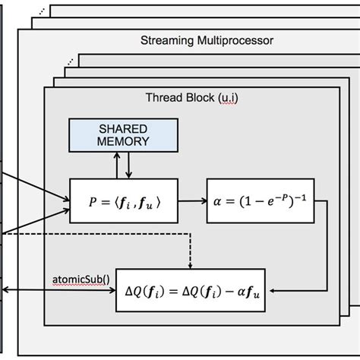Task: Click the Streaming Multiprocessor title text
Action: pyautogui.click(x=207, y=39)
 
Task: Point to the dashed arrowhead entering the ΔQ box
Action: pyautogui.click(x=190, y=265)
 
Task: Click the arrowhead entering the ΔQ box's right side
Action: pyautogui.click(x=270, y=289)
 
